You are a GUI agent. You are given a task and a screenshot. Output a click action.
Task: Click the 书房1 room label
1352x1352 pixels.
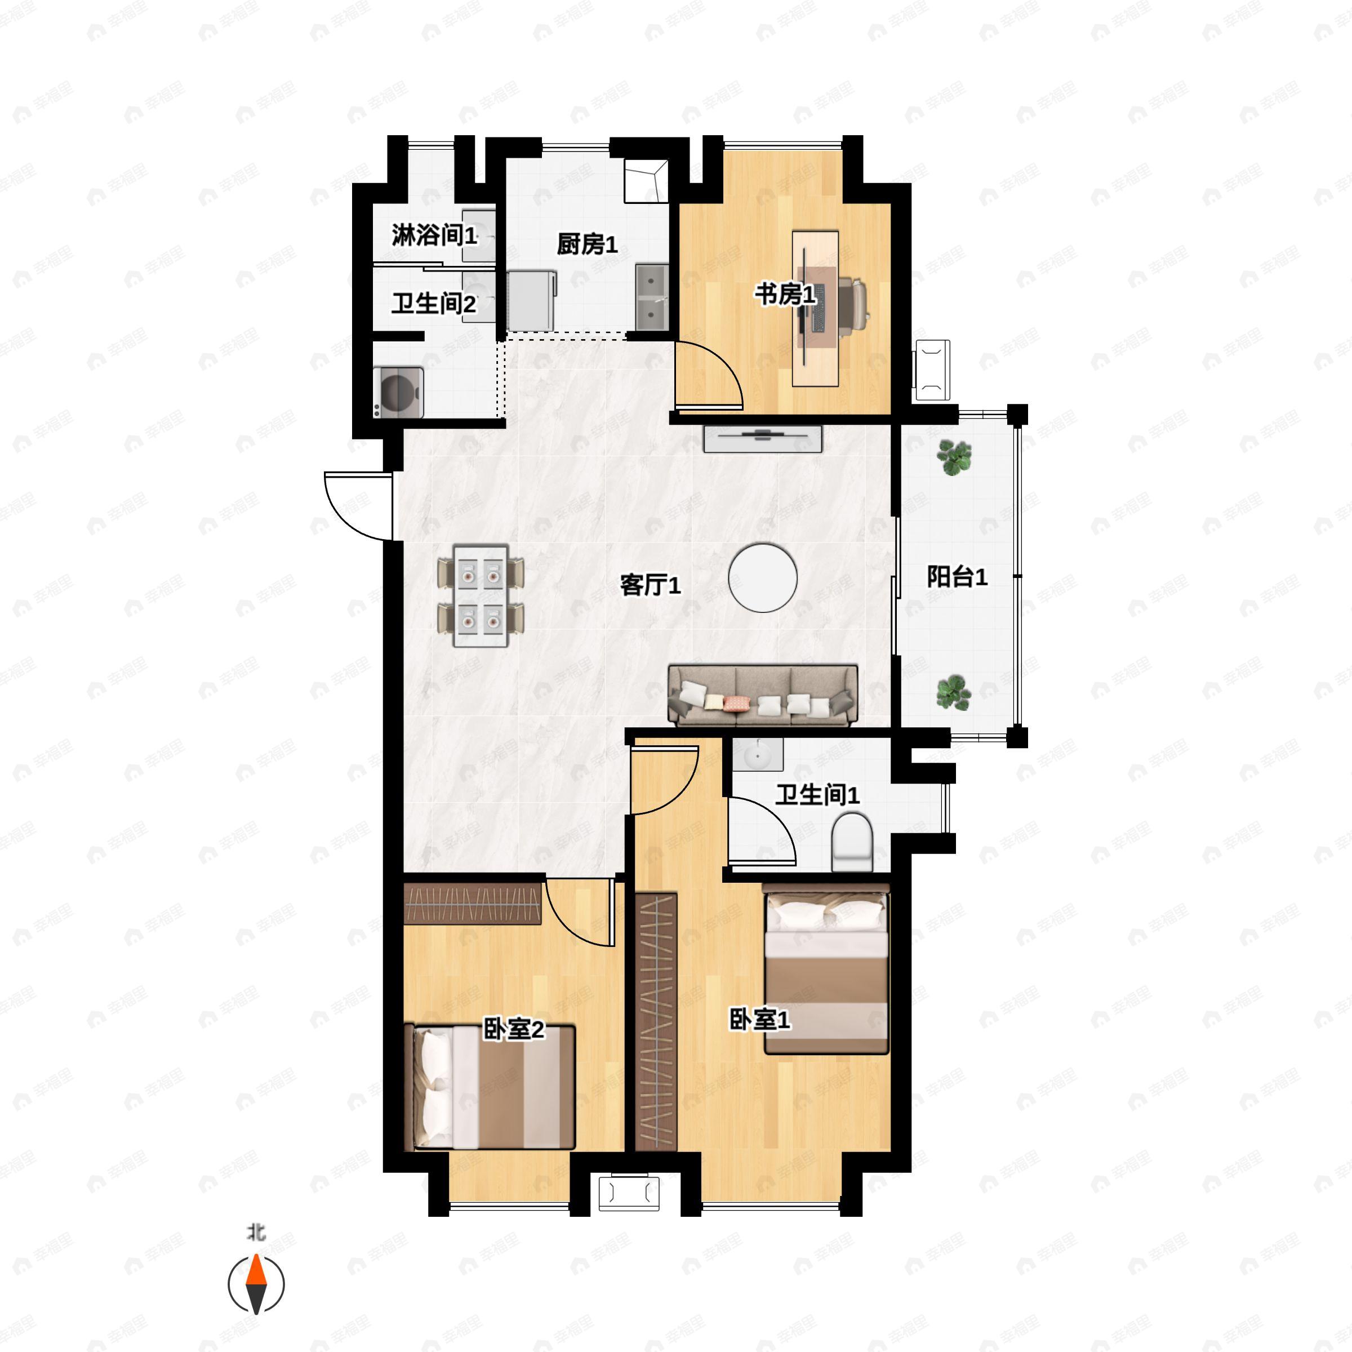point(785,295)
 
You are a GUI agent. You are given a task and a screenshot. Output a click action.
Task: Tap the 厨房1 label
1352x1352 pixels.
point(587,244)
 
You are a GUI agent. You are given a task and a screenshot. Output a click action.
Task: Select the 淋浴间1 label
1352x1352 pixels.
point(434,235)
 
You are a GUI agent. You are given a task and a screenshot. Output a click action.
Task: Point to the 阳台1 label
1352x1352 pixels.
point(957,577)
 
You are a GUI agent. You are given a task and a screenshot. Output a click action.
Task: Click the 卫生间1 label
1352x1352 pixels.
point(817,794)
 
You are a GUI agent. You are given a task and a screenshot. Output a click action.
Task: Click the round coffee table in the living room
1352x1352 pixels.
point(763,578)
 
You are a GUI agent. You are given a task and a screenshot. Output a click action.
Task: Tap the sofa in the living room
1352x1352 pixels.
point(763,695)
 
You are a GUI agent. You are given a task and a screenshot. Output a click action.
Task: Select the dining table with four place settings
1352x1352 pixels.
point(481,595)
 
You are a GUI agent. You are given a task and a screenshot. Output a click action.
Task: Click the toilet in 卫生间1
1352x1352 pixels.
point(852,842)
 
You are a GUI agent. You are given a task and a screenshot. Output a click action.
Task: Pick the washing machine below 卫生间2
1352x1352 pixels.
point(398,393)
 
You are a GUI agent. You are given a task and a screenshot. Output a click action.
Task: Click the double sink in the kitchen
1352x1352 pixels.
point(652,297)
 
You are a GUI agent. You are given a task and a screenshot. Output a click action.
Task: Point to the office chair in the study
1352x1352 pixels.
point(852,303)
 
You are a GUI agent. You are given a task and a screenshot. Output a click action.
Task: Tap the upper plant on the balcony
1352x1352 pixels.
point(954,457)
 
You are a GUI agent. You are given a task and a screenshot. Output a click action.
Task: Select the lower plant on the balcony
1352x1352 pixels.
point(954,693)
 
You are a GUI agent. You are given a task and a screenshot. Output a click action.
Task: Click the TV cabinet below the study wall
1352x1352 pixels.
point(762,439)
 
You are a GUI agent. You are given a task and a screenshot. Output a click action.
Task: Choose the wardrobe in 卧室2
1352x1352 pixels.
point(473,904)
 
